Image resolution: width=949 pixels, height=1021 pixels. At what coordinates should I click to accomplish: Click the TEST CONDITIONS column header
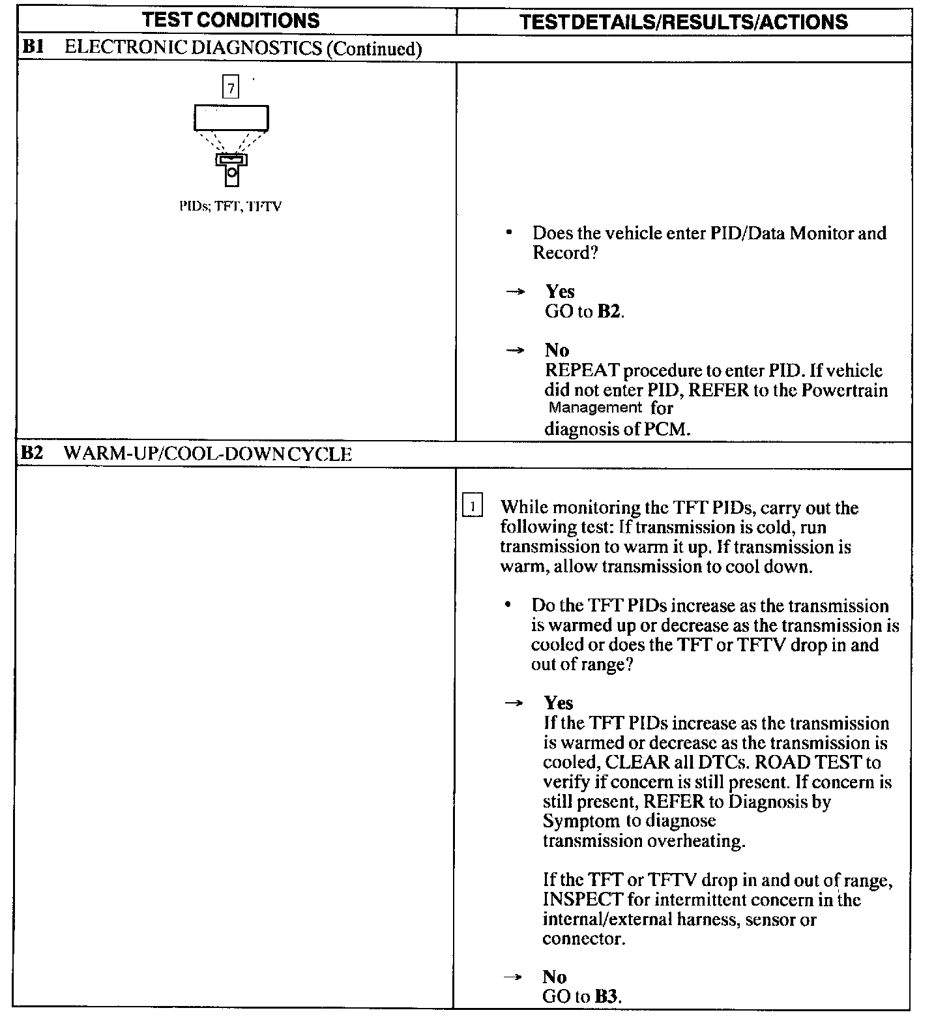tap(231, 20)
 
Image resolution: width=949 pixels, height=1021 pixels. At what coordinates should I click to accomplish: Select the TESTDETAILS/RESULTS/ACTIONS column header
tap(684, 22)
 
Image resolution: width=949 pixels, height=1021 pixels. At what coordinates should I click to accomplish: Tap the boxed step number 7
tap(231, 87)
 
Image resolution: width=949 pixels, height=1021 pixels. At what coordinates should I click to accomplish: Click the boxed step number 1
tap(472, 506)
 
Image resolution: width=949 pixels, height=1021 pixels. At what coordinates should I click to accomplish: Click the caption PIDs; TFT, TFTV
tap(231, 207)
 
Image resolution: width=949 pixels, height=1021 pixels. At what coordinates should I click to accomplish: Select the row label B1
tap(33, 48)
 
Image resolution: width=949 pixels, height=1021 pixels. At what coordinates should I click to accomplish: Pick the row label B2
tap(32, 453)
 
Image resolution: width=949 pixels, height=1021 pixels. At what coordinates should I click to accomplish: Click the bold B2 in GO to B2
tap(609, 312)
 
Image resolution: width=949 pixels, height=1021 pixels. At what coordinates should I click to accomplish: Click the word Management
tap(595, 408)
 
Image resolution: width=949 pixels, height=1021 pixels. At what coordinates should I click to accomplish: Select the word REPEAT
tap(582, 370)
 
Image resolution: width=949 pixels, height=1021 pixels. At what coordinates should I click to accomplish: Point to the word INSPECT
tap(583, 900)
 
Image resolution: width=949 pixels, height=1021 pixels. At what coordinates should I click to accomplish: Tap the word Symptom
tap(581, 821)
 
